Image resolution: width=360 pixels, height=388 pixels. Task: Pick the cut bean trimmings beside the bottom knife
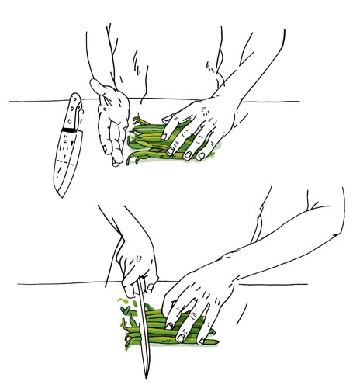pos(126,314)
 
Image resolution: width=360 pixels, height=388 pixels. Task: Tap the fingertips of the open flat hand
pos(116,159)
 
